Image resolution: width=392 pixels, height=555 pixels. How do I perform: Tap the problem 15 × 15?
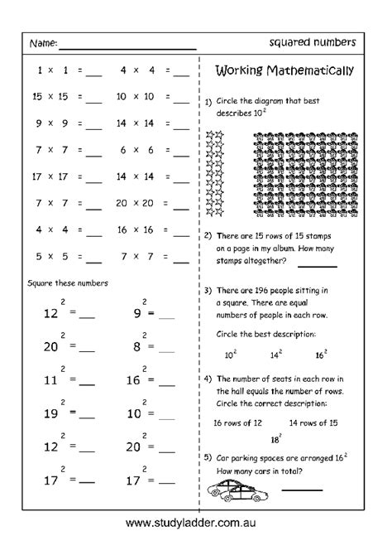(x=46, y=97)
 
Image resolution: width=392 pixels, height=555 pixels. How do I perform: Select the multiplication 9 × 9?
(x=46, y=123)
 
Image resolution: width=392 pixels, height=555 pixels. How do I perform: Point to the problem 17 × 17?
(x=46, y=176)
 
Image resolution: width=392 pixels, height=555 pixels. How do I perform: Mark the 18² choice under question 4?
(x=275, y=439)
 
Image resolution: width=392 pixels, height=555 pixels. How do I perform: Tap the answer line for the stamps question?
(x=318, y=266)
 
